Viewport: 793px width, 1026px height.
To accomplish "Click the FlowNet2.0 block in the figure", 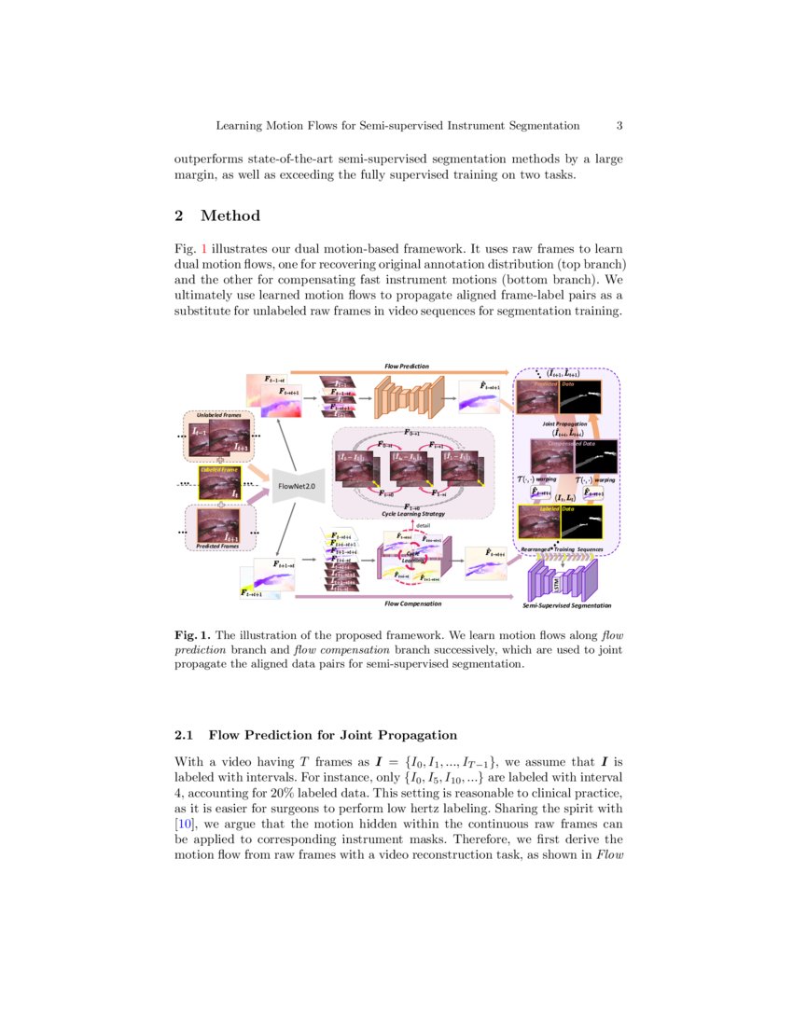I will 298,486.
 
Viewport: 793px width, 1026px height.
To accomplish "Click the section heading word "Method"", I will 230,216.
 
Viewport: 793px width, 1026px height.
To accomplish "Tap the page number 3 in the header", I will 619,125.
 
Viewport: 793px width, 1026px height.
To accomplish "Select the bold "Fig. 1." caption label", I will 193,634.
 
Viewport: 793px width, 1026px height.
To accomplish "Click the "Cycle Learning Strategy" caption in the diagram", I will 412,514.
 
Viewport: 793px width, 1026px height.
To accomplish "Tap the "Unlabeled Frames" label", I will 218,414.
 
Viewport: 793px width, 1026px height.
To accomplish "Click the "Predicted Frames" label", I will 218,546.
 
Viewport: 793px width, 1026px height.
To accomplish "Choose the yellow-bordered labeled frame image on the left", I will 219,483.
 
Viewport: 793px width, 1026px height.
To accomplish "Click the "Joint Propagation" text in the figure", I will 564,424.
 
